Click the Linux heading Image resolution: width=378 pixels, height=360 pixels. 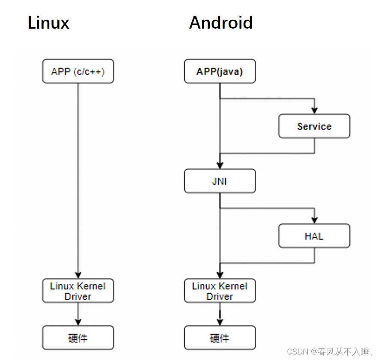pyautogui.click(x=48, y=23)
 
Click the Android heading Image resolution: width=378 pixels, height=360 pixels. pyautogui.click(x=221, y=23)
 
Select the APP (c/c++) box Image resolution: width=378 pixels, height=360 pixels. pyautogui.click(x=78, y=71)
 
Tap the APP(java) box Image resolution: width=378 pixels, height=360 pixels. pyautogui.click(x=220, y=71)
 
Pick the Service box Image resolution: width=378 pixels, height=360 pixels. pyautogui.click(x=314, y=127)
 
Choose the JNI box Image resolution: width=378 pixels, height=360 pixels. pyautogui.click(x=220, y=181)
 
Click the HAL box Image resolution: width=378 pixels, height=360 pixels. pyautogui.click(x=314, y=236)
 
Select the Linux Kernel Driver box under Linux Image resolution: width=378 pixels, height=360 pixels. pyautogui.click(x=78, y=291)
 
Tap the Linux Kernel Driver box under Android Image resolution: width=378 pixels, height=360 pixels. pyautogui.click(x=220, y=291)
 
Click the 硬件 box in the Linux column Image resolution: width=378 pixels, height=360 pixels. pyautogui.click(x=78, y=338)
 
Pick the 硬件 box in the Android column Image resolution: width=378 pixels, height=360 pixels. pyautogui.click(x=220, y=338)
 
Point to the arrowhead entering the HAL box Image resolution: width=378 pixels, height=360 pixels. pyautogui.click(x=315, y=221)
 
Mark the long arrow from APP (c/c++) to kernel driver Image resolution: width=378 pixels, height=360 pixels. pyautogui.click(x=78, y=180)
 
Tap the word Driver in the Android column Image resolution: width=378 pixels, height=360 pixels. pyautogui.click(x=220, y=296)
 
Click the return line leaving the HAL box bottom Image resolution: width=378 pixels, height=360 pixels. pyautogui.click(x=315, y=256)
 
